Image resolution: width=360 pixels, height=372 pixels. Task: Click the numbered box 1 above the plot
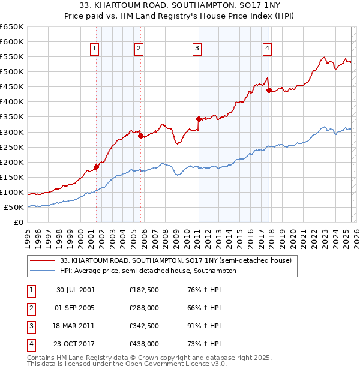coord(95,49)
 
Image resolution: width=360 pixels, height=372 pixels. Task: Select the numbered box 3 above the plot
coord(197,49)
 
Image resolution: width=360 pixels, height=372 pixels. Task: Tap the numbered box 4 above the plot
coord(267,49)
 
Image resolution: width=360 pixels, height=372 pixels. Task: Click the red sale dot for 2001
coord(96,167)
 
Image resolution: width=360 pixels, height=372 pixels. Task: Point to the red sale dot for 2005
coord(141,136)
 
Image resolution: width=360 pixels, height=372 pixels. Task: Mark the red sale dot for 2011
coord(199,119)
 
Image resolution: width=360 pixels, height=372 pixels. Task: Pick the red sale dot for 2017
coord(269,90)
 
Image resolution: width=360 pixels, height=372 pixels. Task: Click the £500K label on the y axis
coord(12,72)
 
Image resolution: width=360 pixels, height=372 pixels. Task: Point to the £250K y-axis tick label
coord(12,147)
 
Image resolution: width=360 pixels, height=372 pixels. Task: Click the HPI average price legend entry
coord(148,271)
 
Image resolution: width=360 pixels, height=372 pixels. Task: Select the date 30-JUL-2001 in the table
coord(76,290)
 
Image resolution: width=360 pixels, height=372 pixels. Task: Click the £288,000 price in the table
coord(144,308)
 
